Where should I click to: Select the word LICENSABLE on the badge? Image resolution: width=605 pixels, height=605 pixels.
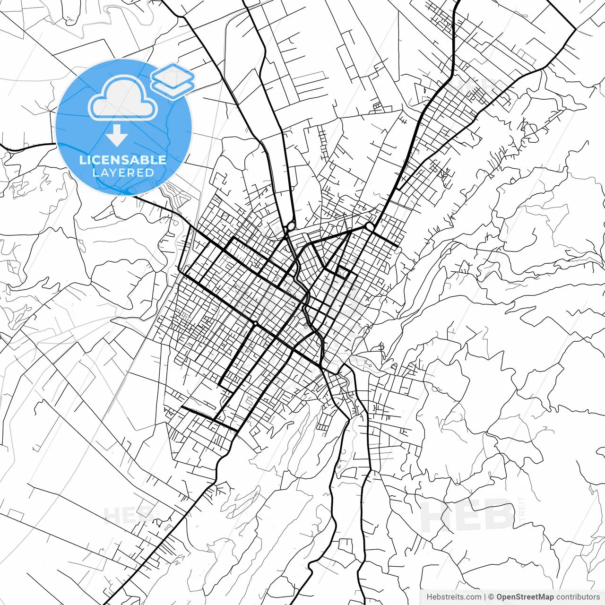click(123, 160)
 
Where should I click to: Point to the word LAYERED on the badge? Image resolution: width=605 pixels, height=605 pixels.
click(123, 173)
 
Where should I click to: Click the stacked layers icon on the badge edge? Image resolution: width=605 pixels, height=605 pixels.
click(173, 81)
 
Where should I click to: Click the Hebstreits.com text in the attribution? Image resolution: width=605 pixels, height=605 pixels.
click(454, 597)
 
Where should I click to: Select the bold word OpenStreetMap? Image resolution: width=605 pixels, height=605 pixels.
click(525, 597)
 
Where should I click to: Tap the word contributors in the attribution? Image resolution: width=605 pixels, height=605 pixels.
click(578, 597)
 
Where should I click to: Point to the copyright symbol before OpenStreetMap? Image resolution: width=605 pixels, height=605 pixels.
click(491, 597)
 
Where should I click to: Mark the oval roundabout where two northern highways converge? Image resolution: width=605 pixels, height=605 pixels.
click(290, 225)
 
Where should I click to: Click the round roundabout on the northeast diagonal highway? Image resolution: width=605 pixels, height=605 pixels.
click(369, 227)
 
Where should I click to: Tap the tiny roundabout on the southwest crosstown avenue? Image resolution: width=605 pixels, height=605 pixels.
click(255, 323)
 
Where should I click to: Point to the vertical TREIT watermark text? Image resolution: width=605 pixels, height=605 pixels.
click(522, 510)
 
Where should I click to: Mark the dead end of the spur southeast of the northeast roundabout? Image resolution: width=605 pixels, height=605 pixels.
click(397, 245)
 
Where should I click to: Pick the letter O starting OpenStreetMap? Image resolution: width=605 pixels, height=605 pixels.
click(500, 597)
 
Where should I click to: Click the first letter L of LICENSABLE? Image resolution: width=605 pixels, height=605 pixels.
click(82, 160)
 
